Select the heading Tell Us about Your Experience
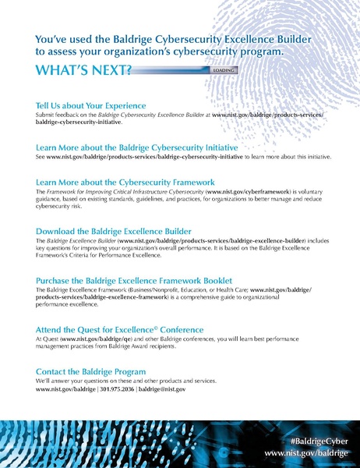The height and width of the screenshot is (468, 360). tap(91, 105)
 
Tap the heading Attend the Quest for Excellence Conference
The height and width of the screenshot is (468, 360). tap(120, 329)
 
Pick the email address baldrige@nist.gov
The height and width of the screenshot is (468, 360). tap(161, 388)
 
